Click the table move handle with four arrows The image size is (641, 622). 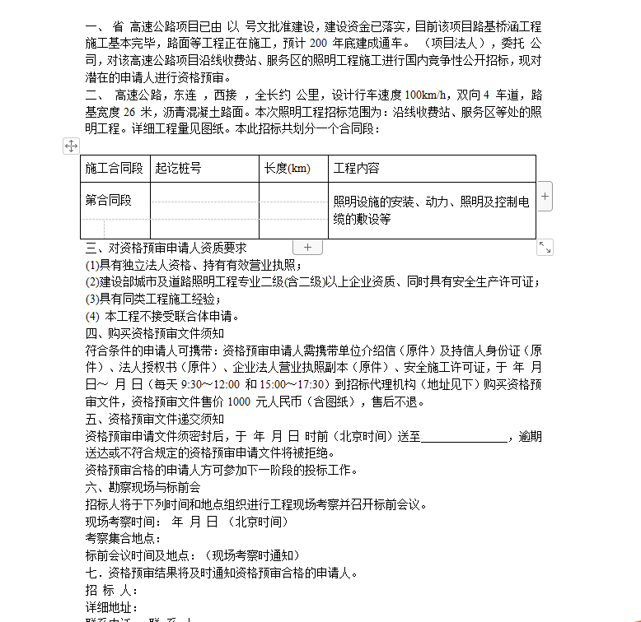71,146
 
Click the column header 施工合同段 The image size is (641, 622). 114,169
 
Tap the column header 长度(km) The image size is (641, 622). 287,169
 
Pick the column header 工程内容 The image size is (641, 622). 356,169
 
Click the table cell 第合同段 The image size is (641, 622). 108,200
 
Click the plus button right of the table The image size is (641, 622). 545,197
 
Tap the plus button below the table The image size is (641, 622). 307,247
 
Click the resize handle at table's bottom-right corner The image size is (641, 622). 545,247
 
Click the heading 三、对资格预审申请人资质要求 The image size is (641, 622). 166,248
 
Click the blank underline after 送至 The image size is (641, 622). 465,437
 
